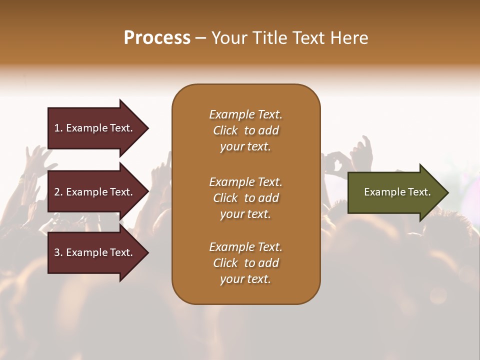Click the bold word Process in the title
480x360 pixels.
click(x=157, y=38)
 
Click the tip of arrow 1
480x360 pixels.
click(x=147, y=128)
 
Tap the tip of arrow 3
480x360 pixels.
click(x=147, y=252)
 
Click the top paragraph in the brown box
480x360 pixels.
click(x=245, y=130)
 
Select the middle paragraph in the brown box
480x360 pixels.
click(x=245, y=198)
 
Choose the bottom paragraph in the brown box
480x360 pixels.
click(x=245, y=263)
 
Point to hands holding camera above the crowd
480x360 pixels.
click(x=335, y=162)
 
